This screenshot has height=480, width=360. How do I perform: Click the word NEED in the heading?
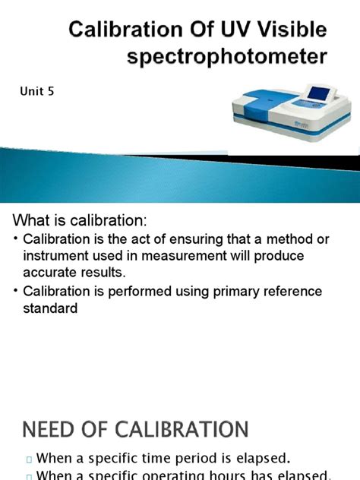pos(49,430)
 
